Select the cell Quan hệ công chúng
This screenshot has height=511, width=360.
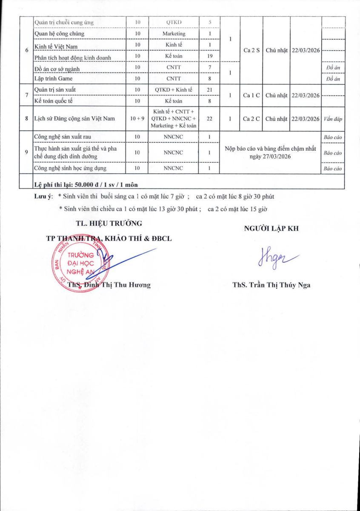tap(59, 34)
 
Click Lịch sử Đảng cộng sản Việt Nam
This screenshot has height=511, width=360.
tap(76, 119)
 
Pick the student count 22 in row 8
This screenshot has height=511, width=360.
tap(209, 119)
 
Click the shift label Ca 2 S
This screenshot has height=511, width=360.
tap(251, 50)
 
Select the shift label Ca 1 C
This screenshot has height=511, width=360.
tap(251, 95)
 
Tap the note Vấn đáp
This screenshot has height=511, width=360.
tap(332, 119)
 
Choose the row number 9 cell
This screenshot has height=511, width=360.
tap(27, 153)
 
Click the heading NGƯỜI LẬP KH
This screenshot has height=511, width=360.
tap(271, 229)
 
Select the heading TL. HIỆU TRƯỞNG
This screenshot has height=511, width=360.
tap(109, 223)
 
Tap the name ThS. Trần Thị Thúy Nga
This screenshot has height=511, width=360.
tap(271, 285)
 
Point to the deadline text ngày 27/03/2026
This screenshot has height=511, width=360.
tap(270, 157)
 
